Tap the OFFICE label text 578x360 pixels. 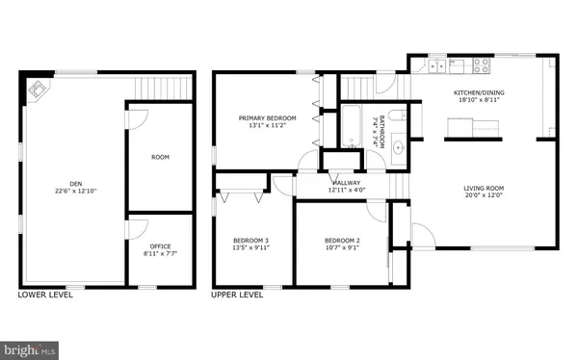160,246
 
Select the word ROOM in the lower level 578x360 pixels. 160,156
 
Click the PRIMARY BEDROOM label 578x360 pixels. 267,117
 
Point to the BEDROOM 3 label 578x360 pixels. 250,240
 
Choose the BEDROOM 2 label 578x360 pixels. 342,240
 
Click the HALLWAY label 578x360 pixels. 346,183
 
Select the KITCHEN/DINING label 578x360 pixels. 478,93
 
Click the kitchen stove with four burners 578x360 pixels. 481,66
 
